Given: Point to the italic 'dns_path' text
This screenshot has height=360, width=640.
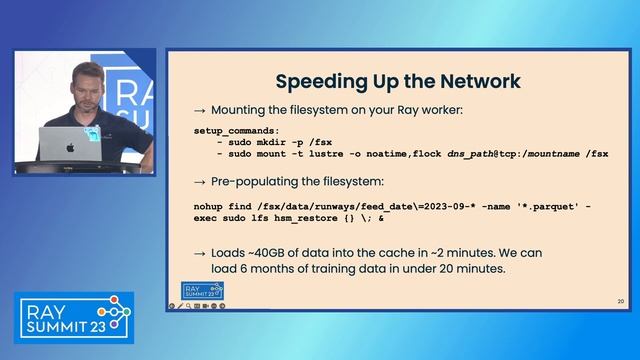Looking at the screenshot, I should [472, 153].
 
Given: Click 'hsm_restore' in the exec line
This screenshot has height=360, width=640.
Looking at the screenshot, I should [311, 217].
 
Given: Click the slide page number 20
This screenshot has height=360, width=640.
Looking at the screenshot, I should [620, 300].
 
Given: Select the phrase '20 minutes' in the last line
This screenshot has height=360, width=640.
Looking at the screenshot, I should [475, 268].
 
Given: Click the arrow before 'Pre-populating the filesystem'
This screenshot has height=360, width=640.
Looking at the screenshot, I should [199, 182].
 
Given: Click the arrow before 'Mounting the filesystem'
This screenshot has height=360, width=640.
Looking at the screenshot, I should [199, 108].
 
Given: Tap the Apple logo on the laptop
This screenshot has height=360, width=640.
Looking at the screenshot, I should [70, 147].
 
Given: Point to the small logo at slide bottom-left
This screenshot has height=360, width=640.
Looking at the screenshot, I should [181, 291].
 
